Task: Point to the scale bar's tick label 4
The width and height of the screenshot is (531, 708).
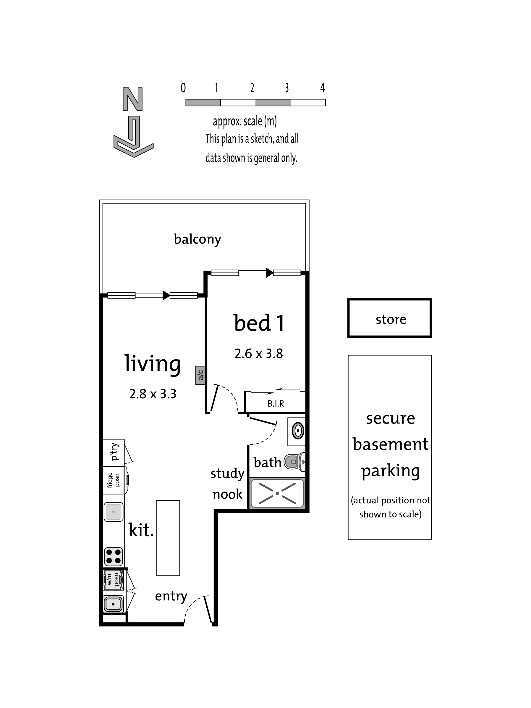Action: point(323,87)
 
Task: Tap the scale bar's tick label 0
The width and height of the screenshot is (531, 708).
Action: point(183,87)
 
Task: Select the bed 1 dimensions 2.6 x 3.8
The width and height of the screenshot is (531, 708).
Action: point(259,354)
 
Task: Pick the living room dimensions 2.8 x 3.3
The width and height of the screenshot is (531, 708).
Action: point(153,394)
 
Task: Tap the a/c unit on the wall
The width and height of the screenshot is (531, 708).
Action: point(200,375)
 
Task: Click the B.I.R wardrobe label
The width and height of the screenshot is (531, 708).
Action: point(276,404)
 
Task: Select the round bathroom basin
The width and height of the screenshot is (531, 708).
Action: point(298,431)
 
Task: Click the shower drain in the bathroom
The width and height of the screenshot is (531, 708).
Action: point(277,493)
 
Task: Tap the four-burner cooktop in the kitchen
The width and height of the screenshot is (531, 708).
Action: point(113,557)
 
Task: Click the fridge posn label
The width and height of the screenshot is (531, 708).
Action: point(113,480)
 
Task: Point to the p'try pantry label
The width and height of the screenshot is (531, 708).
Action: point(114,452)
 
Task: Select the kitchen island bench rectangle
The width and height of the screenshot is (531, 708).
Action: point(168,538)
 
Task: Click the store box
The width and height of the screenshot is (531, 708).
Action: point(389,318)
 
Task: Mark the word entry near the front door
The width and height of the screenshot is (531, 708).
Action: point(171,596)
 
